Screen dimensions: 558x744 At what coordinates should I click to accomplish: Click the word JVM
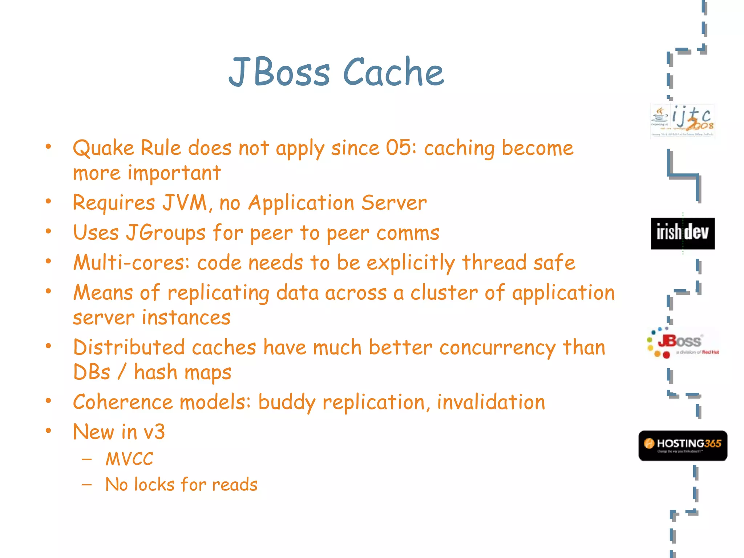coord(185,202)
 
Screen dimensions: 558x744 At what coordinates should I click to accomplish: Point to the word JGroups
coord(166,233)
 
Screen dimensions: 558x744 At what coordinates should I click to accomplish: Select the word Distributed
coord(128,347)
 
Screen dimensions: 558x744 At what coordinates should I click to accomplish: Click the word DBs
coord(92,372)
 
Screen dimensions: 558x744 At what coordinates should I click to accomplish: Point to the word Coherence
coord(123,402)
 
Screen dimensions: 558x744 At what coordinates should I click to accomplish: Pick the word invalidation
coord(491,402)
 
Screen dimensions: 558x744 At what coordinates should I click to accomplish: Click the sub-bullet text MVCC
coord(129,458)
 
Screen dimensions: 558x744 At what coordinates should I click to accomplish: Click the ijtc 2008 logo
coord(683,121)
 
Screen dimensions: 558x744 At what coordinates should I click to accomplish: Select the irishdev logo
coord(683,233)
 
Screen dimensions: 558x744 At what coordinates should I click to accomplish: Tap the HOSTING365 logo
coord(683,445)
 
